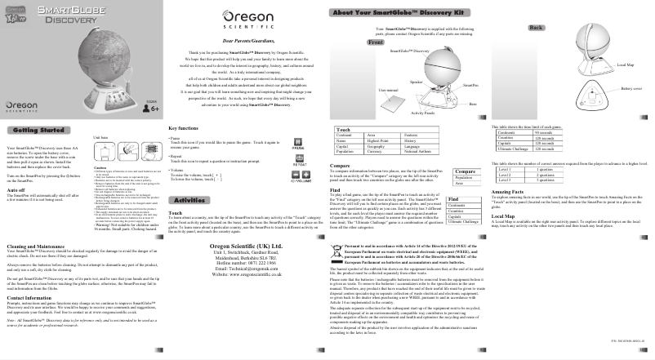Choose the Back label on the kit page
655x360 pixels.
(537, 27)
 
